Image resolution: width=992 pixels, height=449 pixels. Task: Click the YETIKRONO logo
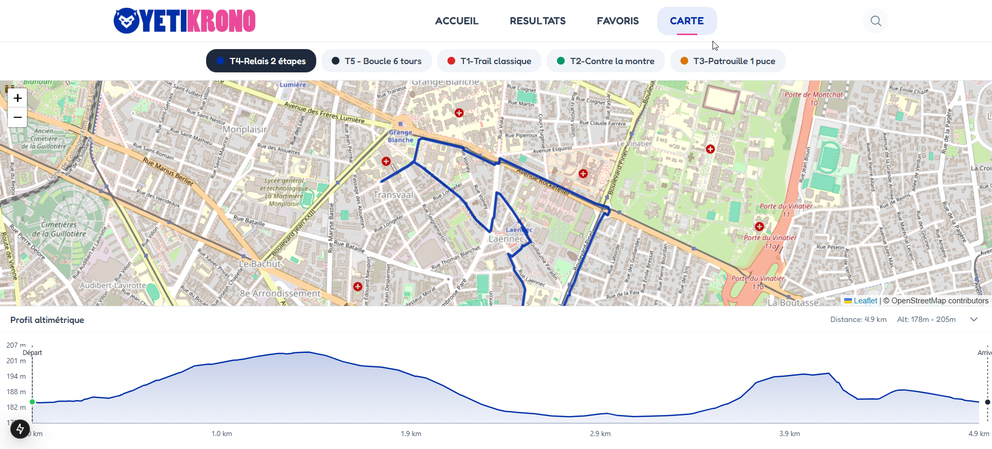(x=184, y=21)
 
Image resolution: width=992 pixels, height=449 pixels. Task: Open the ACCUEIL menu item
(x=457, y=21)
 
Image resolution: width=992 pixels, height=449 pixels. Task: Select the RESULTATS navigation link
(x=537, y=21)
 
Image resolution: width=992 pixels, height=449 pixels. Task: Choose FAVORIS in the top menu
(x=617, y=21)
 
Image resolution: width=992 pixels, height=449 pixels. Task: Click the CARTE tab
(x=687, y=21)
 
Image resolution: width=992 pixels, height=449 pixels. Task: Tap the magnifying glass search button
(x=875, y=21)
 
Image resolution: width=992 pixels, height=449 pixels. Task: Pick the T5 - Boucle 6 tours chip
(x=377, y=61)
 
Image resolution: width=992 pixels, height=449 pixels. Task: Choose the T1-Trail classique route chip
(x=489, y=61)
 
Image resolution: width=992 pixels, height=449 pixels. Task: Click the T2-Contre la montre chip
(x=606, y=61)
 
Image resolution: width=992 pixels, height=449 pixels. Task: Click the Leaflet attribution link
(x=865, y=301)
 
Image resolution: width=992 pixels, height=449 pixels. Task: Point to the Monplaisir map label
(x=244, y=130)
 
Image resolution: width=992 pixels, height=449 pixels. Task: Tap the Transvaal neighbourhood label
(x=393, y=195)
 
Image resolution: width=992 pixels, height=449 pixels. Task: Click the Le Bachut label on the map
(x=259, y=264)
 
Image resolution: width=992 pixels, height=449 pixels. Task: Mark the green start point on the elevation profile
(x=33, y=401)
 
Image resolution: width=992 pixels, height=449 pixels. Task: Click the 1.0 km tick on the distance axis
(x=222, y=433)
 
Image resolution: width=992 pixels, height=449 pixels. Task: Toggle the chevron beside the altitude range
(x=974, y=319)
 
